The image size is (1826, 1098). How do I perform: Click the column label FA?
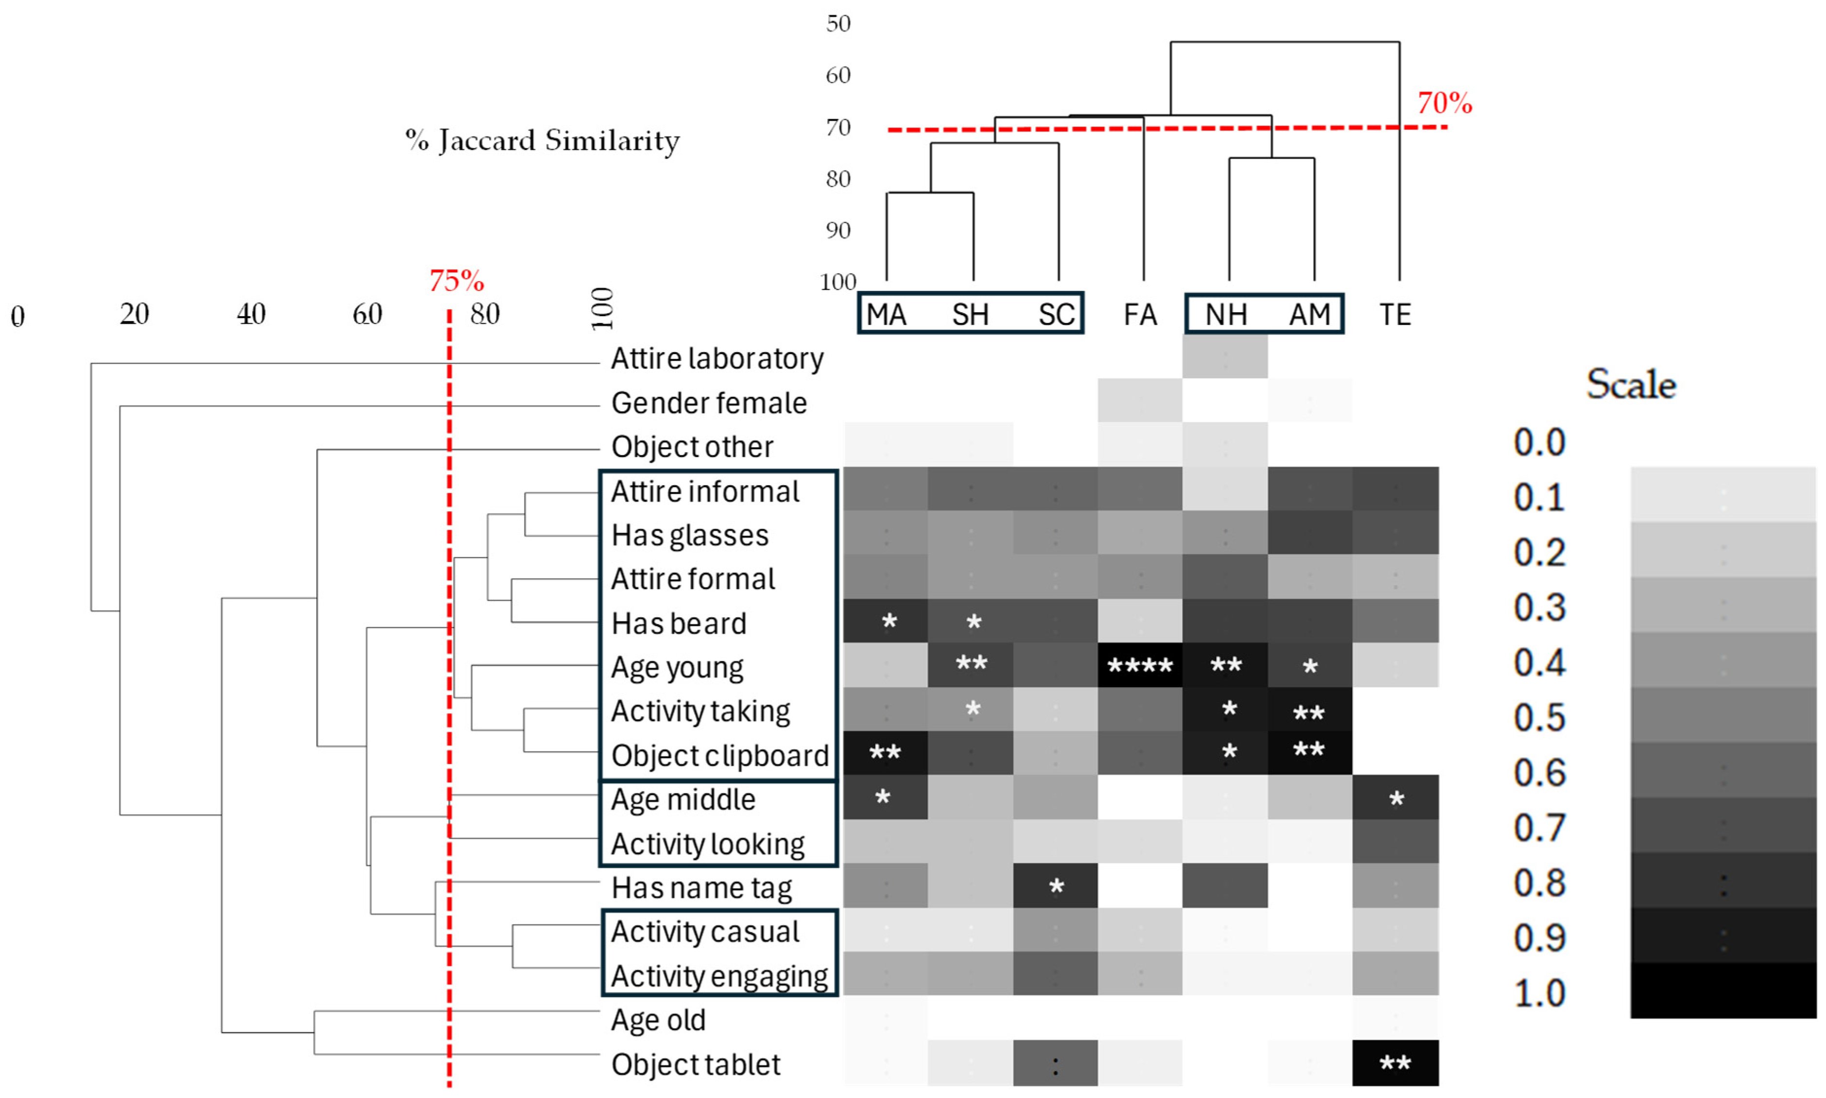pyautogui.click(x=1140, y=315)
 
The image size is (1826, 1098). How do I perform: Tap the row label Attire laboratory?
pyautogui.click(x=716, y=359)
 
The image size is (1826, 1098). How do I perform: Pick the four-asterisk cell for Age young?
pyautogui.click(x=1140, y=665)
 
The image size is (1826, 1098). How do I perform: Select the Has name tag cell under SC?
pyautogui.click(x=1055, y=886)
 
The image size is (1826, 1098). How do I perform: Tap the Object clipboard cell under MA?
pyautogui.click(x=885, y=753)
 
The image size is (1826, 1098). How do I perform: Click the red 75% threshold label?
pyautogui.click(x=457, y=281)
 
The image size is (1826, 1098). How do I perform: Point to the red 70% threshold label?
pyautogui.click(x=1444, y=103)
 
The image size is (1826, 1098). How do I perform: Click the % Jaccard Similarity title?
pyautogui.click(x=542, y=140)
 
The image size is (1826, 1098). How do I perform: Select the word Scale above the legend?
pyautogui.click(x=1631, y=384)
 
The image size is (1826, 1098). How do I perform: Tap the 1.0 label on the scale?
pyautogui.click(x=1539, y=993)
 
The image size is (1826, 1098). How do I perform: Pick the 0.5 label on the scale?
pyautogui.click(x=1539, y=717)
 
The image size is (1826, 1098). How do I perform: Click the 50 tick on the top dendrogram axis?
pyautogui.click(x=838, y=24)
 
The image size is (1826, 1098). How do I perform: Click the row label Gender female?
pyautogui.click(x=708, y=403)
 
